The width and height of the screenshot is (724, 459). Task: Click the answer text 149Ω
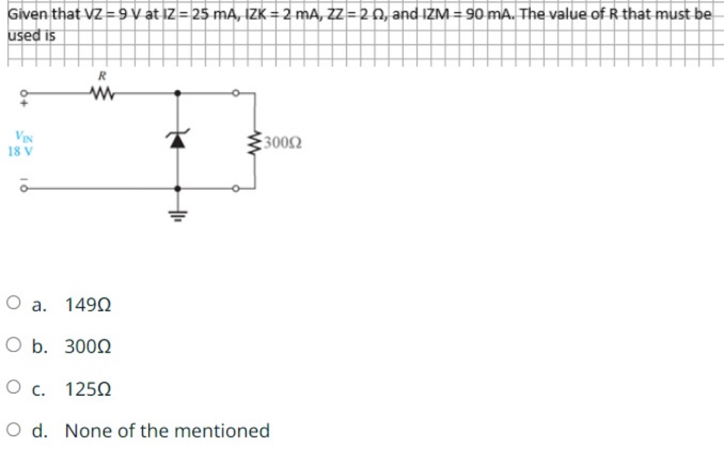coord(88,304)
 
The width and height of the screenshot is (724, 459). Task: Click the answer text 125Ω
coord(88,388)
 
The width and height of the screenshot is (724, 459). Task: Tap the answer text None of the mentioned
coord(167,431)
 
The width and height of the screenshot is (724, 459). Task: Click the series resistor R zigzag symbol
coord(101,92)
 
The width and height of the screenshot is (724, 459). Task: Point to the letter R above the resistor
coord(101,75)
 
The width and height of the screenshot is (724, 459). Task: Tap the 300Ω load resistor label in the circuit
coord(282,142)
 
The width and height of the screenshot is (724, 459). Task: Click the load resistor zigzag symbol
coord(254,141)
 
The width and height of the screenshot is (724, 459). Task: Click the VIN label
coord(20,138)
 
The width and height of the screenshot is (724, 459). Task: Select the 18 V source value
coord(20,150)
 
